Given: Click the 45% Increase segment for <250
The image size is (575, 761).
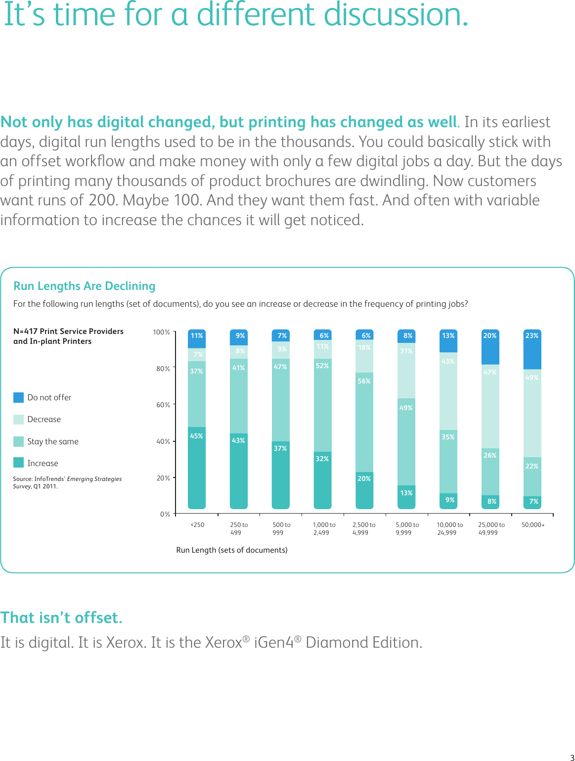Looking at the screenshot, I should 197,468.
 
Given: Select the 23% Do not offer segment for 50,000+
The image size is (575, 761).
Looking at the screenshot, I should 532,349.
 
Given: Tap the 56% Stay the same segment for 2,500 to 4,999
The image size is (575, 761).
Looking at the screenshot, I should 364,422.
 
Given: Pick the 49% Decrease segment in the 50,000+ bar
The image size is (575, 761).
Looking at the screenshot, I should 532,413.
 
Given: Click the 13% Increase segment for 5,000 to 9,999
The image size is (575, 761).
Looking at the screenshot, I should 406,497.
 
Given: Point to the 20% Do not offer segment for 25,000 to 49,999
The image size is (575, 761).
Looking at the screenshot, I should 490,347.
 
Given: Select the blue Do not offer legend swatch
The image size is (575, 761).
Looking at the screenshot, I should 18,397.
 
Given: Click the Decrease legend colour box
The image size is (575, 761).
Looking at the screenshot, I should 18,420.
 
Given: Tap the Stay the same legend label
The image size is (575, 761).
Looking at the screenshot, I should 53,441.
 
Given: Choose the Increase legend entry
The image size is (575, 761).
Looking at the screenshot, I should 43,463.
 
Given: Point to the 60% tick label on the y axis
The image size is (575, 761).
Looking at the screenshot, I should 163,405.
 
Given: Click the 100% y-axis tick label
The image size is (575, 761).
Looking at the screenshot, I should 161,332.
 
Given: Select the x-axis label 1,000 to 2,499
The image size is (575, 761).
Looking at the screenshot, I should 323,528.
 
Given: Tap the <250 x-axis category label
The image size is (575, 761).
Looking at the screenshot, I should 197,525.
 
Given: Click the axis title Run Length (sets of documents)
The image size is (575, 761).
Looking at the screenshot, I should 231,550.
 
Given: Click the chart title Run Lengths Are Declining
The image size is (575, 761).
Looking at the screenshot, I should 84,286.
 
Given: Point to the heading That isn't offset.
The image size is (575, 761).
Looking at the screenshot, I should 61,618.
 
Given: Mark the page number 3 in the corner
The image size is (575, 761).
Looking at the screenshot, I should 572,758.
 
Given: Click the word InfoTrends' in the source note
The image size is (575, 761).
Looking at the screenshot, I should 50,479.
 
